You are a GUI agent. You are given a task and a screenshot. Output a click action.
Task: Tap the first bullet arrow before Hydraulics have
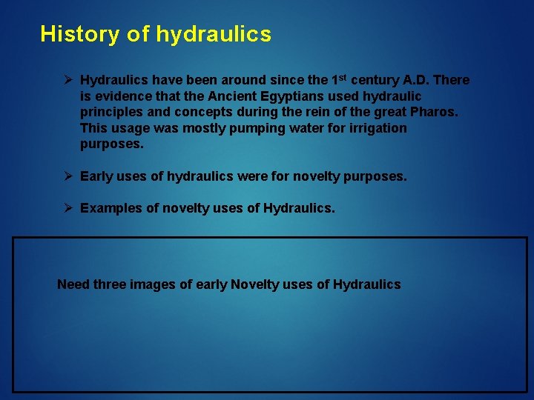coord(68,79)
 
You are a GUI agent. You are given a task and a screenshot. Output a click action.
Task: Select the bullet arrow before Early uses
coord(68,176)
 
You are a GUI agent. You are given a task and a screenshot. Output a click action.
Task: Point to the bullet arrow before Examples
coord(68,208)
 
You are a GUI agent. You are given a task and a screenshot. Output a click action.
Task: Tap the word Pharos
coord(438,112)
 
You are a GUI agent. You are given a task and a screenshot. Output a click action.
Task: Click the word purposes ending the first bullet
coord(111,144)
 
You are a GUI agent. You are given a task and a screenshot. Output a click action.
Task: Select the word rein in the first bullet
coord(323,112)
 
